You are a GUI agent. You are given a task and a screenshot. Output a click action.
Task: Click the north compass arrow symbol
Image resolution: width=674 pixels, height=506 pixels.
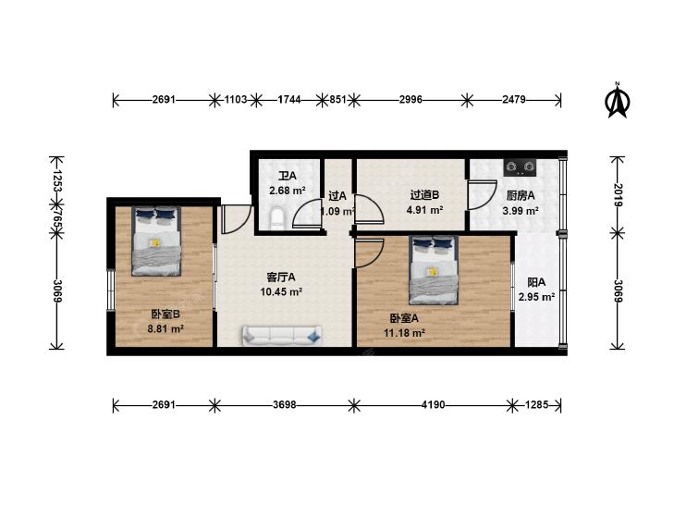point(618,102)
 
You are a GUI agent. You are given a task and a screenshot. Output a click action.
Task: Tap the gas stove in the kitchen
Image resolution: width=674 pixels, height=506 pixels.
point(521,167)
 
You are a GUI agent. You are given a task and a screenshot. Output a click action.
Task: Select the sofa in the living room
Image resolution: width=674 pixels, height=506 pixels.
point(282,336)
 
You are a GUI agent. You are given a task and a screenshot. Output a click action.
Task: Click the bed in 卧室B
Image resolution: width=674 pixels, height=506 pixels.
point(156,241)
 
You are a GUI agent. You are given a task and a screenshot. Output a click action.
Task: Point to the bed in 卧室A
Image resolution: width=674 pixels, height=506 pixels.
point(434,270)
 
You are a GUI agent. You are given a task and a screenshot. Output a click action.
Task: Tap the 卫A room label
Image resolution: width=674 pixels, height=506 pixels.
point(288,176)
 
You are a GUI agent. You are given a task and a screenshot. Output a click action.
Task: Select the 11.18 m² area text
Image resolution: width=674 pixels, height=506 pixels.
point(404,333)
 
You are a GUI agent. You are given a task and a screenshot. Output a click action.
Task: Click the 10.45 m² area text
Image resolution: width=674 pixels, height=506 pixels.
point(281,292)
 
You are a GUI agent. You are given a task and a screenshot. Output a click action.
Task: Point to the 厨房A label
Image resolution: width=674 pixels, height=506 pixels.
point(521,195)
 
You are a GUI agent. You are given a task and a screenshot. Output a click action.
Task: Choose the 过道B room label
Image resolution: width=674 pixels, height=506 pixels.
point(424,195)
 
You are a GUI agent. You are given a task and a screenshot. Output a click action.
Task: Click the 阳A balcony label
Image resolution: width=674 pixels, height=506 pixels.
point(536,282)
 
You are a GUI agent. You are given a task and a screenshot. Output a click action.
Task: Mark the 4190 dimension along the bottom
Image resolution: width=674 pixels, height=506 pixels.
point(433,404)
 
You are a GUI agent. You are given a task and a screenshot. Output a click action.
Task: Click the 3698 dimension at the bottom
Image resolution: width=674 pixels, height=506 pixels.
point(284,404)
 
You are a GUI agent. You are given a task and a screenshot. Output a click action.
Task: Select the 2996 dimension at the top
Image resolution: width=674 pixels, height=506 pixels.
point(411,100)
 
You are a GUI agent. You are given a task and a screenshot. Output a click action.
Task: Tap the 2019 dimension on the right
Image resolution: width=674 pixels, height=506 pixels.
point(618,195)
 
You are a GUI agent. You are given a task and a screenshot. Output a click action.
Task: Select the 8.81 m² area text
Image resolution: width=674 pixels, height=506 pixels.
point(165,329)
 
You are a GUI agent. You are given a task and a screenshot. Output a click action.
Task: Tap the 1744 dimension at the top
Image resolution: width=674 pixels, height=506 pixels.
point(289,100)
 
